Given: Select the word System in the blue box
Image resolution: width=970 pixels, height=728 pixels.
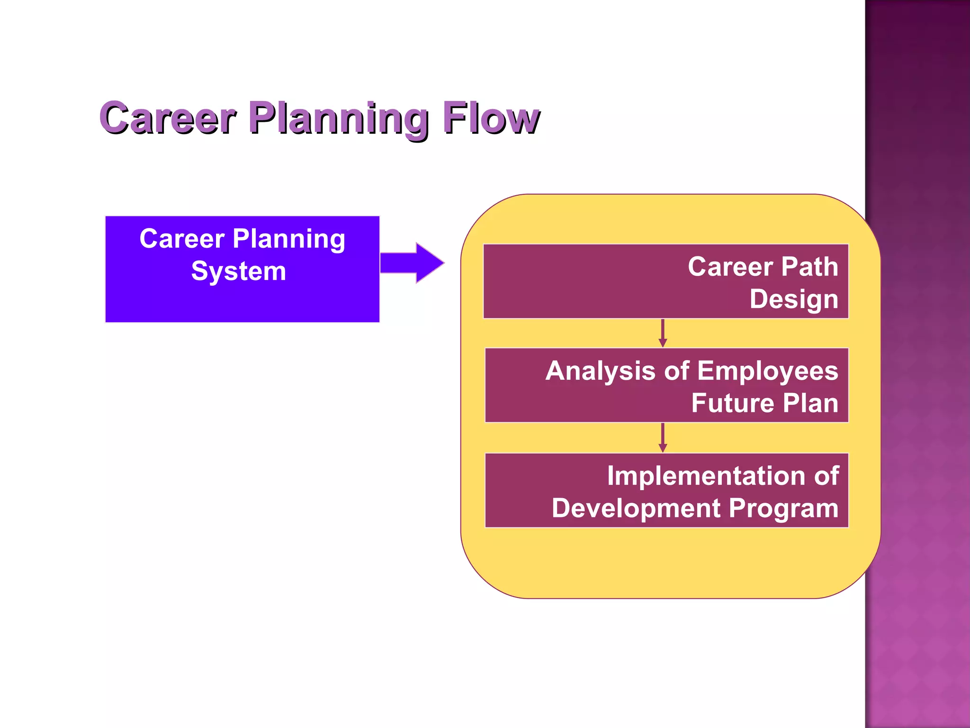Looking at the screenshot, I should click(x=239, y=271).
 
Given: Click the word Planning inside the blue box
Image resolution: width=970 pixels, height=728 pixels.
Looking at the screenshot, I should click(x=289, y=238).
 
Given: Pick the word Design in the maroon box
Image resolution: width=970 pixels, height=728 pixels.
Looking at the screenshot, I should click(x=794, y=299).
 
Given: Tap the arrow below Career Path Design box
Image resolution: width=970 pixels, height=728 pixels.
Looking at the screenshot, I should click(x=663, y=333).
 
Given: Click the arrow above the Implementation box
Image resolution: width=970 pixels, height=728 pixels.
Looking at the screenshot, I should click(x=663, y=437).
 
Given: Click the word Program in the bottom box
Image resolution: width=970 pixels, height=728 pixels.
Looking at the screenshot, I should click(x=783, y=508).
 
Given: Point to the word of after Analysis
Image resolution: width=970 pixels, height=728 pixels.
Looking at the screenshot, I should click(x=676, y=371).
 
